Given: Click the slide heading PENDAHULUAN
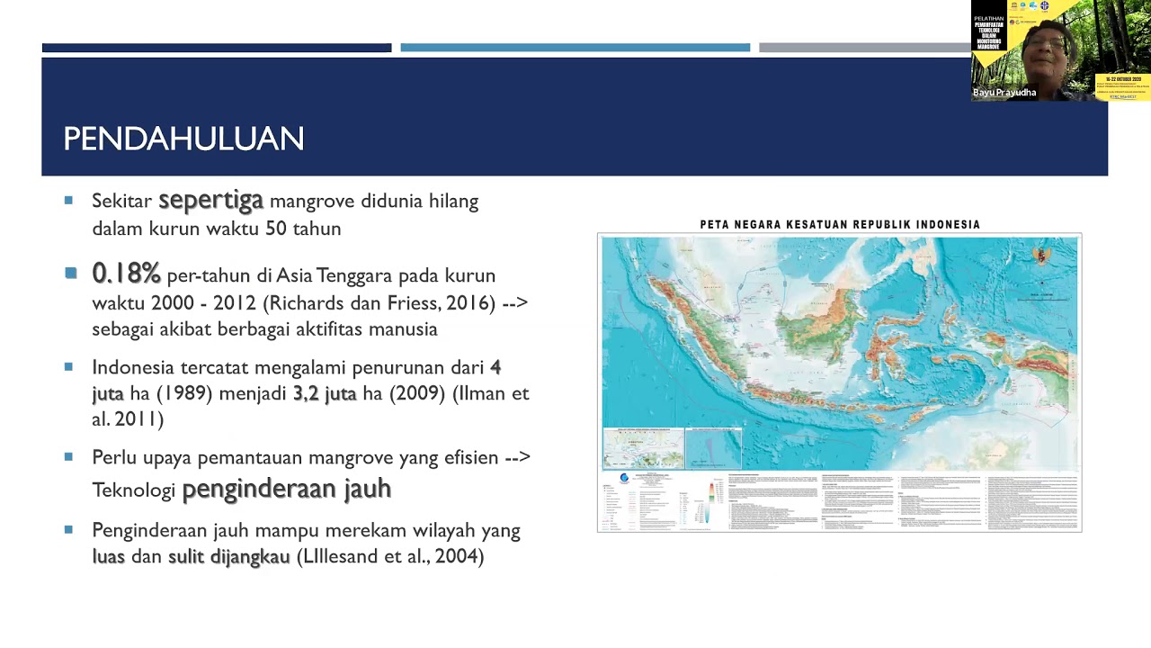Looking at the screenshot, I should [x=183, y=139].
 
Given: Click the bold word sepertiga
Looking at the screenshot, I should [x=210, y=200].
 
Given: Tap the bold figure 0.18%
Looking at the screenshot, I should [x=126, y=273].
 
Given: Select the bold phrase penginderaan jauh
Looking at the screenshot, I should [x=286, y=489].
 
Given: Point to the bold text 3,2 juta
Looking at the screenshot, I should [x=324, y=393].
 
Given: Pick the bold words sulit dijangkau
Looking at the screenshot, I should [x=228, y=556].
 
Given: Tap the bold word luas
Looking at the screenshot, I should [x=108, y=556].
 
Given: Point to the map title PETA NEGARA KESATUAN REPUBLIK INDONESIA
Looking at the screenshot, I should [x=840, y=224].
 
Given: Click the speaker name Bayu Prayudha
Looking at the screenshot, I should [x=1004, y=93].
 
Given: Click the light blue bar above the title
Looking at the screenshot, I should [x=575, y=48].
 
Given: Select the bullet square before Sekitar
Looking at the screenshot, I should [x=68, y=201].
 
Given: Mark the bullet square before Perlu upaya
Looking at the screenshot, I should [x=68, y=457].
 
